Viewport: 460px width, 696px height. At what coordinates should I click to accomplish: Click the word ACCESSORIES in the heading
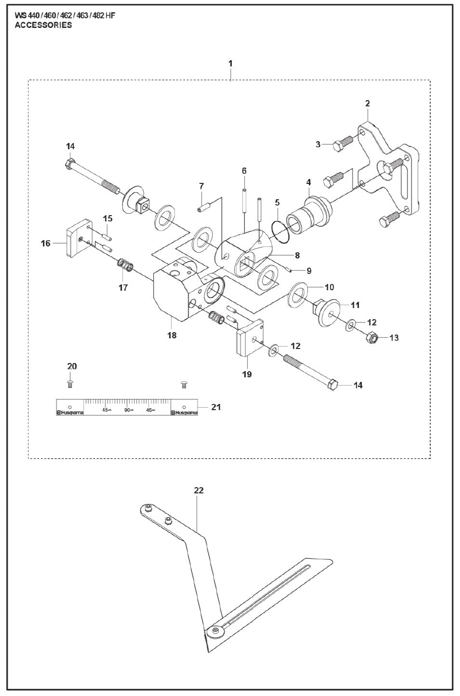pyautogui.click(x=43, y=26)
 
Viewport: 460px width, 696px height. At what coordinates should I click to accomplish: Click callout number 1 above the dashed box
pyautogui.click(x=230, y=64)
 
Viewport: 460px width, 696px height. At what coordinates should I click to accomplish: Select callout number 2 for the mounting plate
pyautogui.click(x=368, y=103)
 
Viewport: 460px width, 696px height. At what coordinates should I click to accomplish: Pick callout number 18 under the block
pyautogui.click(x=172, y=335)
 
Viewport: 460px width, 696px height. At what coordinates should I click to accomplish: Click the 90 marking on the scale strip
pyautogui.click(x=128, y=410)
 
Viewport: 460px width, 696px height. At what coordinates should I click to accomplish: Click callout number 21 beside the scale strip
pyautogui.click(x=216, y=407)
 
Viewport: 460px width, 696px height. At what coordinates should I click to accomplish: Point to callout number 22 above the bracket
pyautogui.click(x=199, y=490)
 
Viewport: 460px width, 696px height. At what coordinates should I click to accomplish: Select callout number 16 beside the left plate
pyautogui.click(x=45, y=244)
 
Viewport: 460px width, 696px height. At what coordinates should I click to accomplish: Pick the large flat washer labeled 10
pyautogui.click(x=296, y=295)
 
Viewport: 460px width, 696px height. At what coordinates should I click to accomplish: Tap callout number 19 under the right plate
pyautogui.click(x=247, y=374)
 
